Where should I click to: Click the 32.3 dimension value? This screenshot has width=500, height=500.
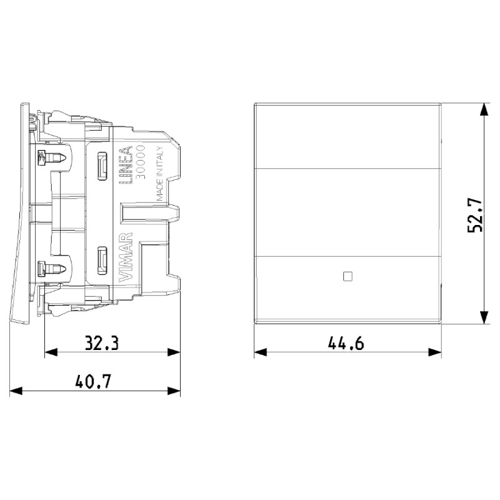coord(102,342)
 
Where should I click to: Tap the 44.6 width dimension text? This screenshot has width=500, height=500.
coord(346,342)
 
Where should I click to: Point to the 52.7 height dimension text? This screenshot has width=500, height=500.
coord(475,215)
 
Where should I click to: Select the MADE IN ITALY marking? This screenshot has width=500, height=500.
coord(160,179)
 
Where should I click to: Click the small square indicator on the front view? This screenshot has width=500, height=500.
coord(347,274)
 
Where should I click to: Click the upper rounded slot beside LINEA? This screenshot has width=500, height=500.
coord(99,165)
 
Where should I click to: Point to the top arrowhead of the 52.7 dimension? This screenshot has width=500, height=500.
coord(484,110)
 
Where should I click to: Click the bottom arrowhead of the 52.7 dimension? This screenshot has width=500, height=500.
coord(484,317)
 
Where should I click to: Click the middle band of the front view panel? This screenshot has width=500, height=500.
coord(347,212)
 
